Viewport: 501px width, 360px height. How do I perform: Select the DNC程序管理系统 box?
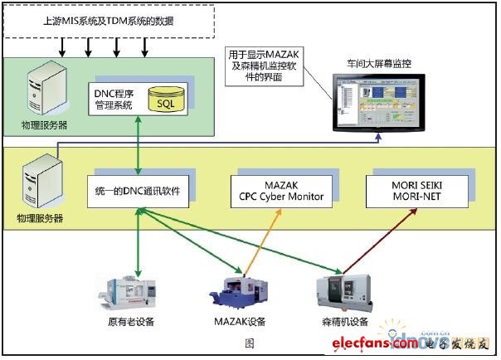114,99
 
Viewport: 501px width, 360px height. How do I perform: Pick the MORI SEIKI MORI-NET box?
416,192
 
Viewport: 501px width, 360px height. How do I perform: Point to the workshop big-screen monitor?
377,100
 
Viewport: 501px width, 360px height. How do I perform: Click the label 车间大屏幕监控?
378,63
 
